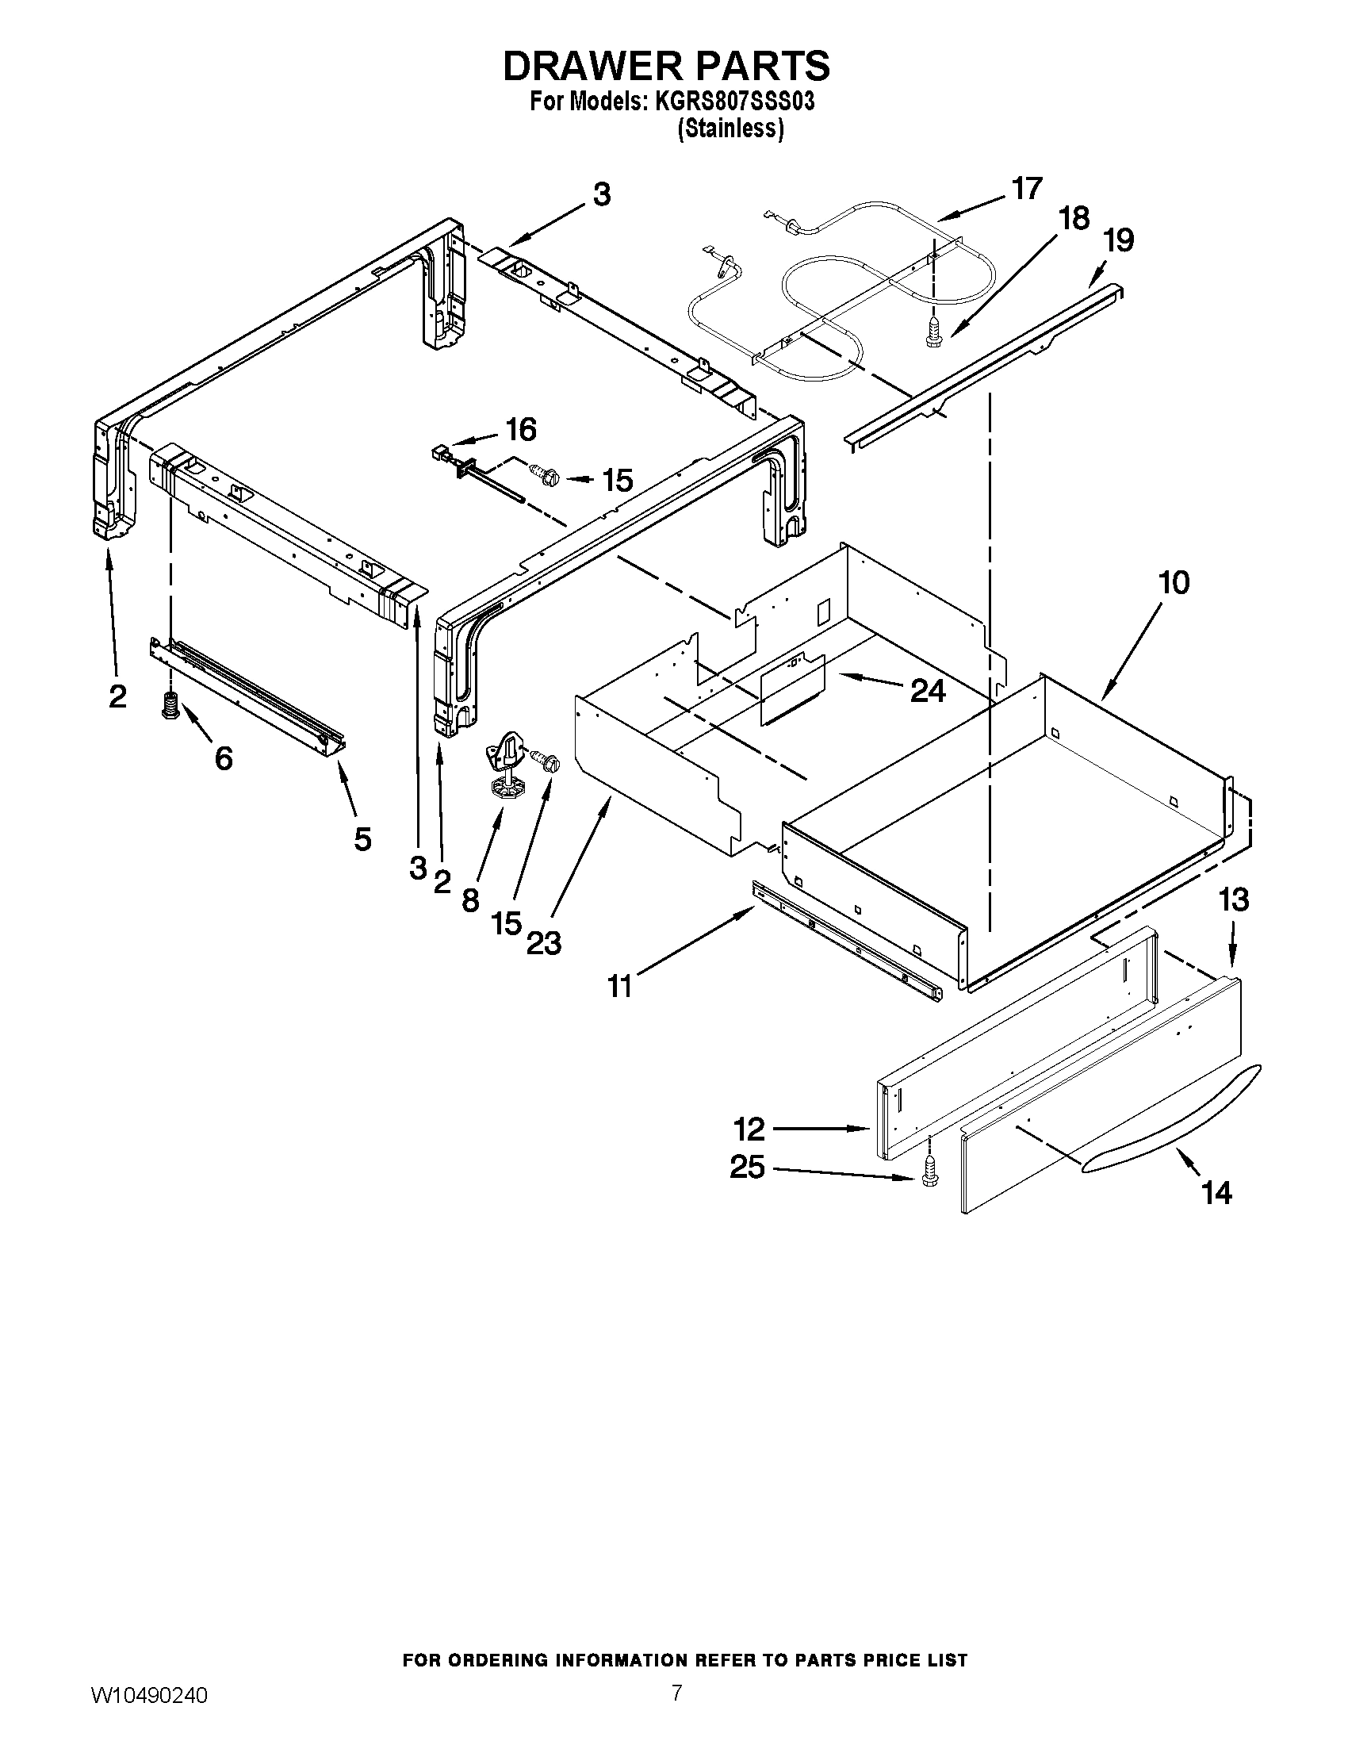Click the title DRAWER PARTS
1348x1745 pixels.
(x=666, y=66)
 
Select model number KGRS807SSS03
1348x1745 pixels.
(x=736, y=103)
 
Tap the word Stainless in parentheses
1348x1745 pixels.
(x=730, y=128)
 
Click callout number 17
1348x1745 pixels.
(x=1026, y=189)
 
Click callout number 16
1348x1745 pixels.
(x=521, y=430)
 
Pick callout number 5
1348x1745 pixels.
(x=362, y=839)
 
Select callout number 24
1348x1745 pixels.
(x=928, y=690)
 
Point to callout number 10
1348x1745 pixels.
(x=1173, y=582)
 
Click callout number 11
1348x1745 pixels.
(x=620, y=987)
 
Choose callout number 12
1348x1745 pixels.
(x=749, y=1129)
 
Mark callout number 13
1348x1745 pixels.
(x=1233, y=899)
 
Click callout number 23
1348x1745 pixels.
(x=543, y=944)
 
